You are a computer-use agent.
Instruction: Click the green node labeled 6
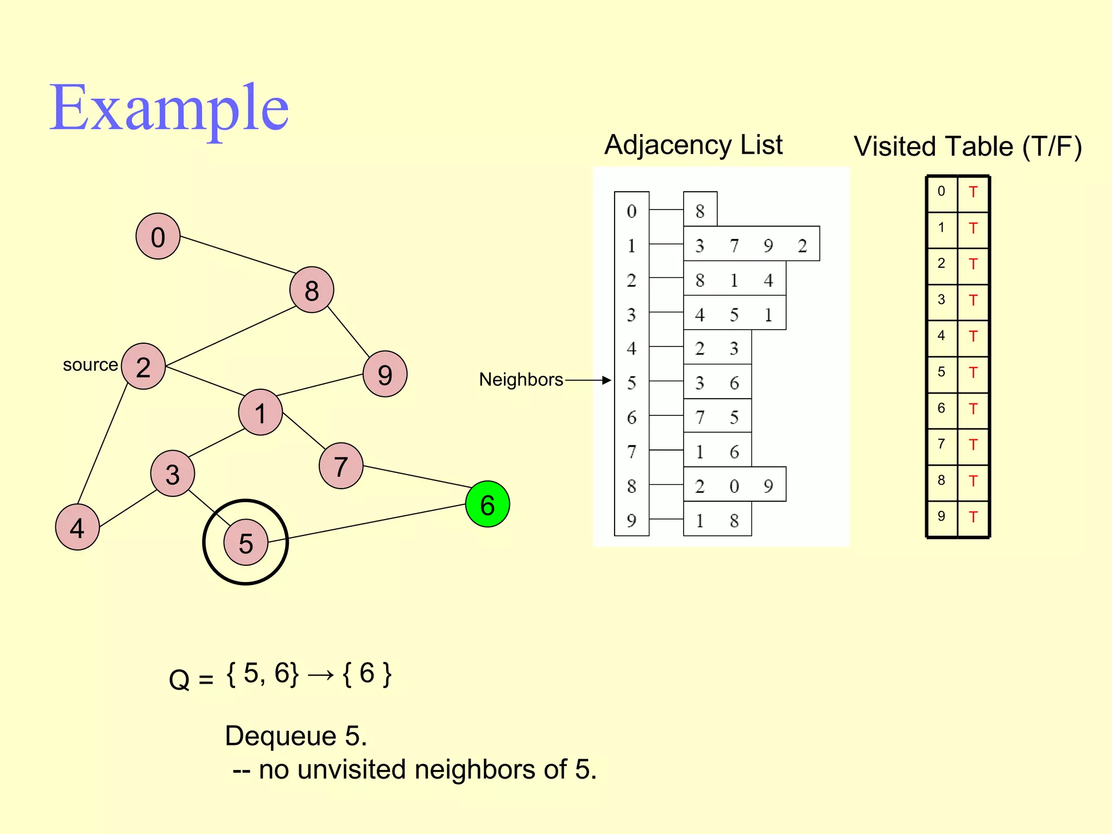click(x=487, y=504)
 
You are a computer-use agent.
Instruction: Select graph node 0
click(x=158, y=237)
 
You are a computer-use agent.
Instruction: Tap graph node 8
click(x=312, y=290)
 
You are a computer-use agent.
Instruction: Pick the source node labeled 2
click(x=143, y=367)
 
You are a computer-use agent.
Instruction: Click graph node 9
click(x=385, y=374)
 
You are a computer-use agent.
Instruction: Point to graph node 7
click(x=341, y=466)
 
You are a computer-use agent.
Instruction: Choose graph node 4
click(x=78, y=527)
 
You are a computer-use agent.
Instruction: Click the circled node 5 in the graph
click(x=246, y=542)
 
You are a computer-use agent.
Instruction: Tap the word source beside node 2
click(x=90, y=365)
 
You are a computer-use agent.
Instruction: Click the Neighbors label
click(x=521, y=380)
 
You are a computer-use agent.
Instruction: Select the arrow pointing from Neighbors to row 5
click(x=588, y=380)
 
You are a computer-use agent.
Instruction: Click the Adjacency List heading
click(x=693, y=145)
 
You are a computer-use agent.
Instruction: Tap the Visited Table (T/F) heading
click(x=968, y=147)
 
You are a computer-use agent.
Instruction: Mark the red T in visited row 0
click(x=973, y=192)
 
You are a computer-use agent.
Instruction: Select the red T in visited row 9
click(x=973, y=517)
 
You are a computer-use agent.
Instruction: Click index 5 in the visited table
click(x=942, y=372)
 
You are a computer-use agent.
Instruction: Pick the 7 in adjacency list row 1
click(x=734, y=246)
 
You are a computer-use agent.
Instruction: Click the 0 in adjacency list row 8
click(x=734, y=486)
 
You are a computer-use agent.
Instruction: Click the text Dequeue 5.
click(x=296, y=736)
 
